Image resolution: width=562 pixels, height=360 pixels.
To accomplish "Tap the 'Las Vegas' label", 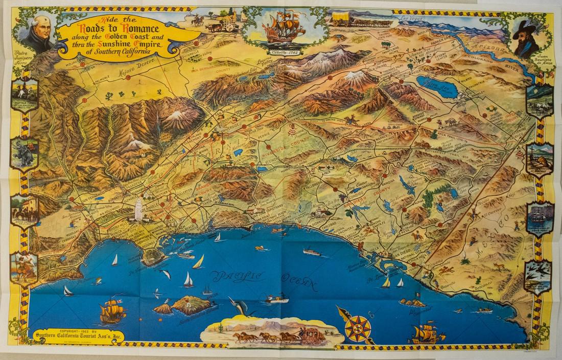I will tap(412, 18).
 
